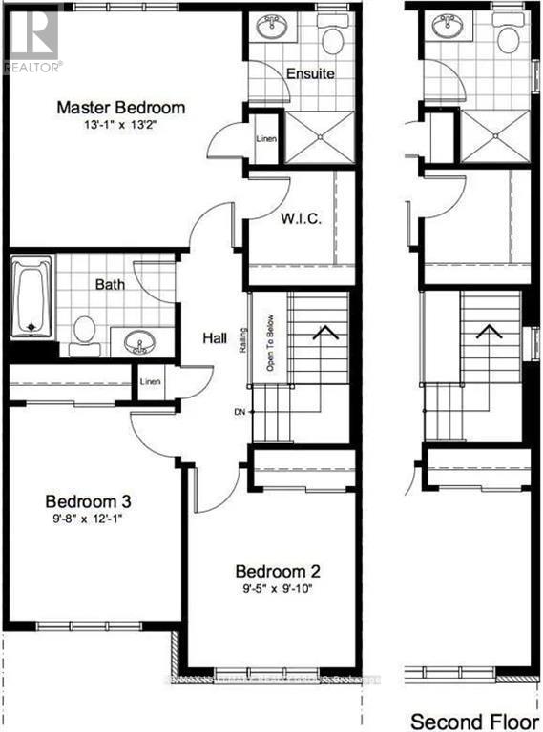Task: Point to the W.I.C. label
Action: click(x=301, y=218)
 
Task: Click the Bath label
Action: click(x=111, y=284)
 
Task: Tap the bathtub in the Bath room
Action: click(x=31, y=300)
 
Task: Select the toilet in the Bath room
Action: click(x=85, y=330)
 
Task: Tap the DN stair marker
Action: click(x=240, y=412)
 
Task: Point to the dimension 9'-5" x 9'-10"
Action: click(x=278, y=588)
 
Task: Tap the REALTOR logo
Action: click(x=32, y=38)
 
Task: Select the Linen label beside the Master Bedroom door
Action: click(x=266, y=137)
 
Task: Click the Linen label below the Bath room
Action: click(x=150, y=382)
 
